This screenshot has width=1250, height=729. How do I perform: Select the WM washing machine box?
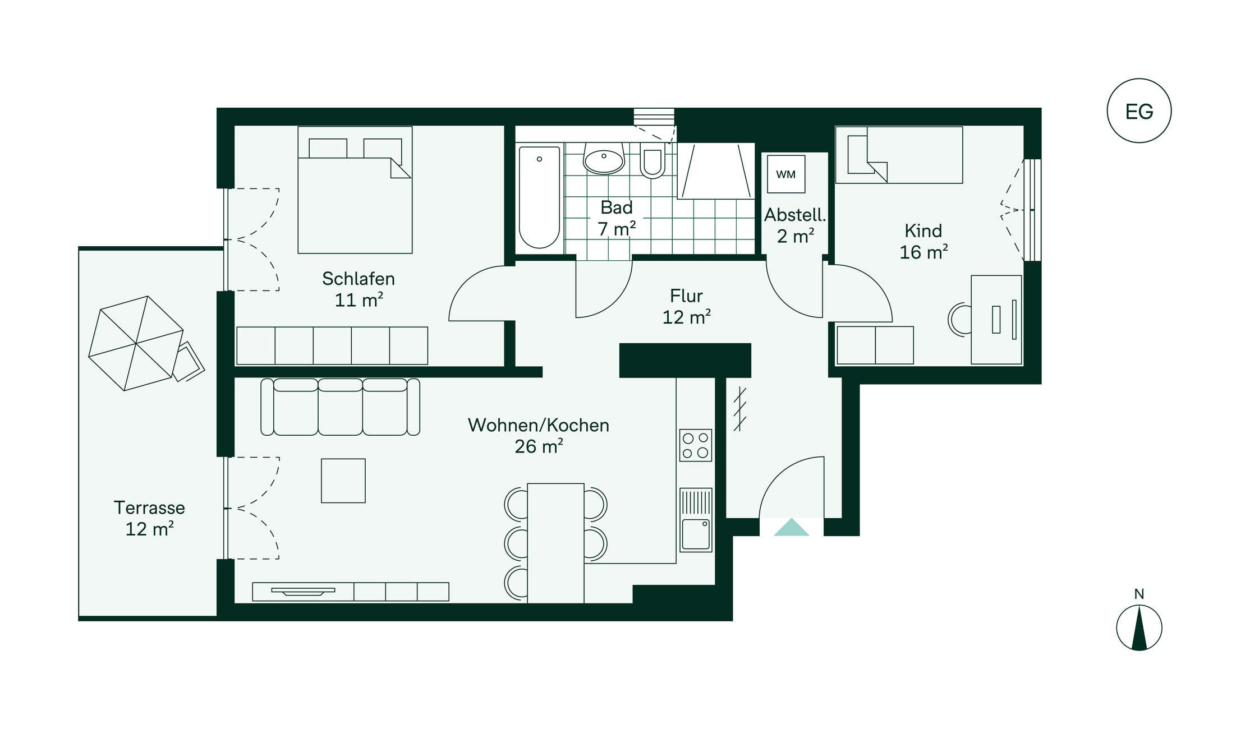click(786, 174)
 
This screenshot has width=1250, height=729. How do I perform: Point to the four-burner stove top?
click(696, 445)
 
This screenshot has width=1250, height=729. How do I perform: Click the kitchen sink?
click(696, 520)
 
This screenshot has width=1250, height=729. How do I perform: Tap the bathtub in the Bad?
click(539, 197)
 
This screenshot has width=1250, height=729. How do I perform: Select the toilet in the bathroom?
click(652, 160)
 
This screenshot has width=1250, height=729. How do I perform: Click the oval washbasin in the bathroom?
click(604, 159)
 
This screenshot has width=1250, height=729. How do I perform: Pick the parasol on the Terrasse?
click(136, 343)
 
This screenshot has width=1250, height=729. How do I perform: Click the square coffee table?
click(343, 481)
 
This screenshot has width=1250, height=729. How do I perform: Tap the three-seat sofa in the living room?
click(340, 407)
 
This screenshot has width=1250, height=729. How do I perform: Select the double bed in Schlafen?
click(355, 190)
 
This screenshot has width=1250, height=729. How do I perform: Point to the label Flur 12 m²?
click(687, 307)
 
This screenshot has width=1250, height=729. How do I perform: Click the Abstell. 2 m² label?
click(795, 225)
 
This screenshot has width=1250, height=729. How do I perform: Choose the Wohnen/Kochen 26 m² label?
click(539, 436)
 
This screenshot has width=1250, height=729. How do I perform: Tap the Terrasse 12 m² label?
click(149, 518)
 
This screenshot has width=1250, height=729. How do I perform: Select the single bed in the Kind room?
click(899, 155)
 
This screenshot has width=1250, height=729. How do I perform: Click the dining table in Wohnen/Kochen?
click(555, 543)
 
